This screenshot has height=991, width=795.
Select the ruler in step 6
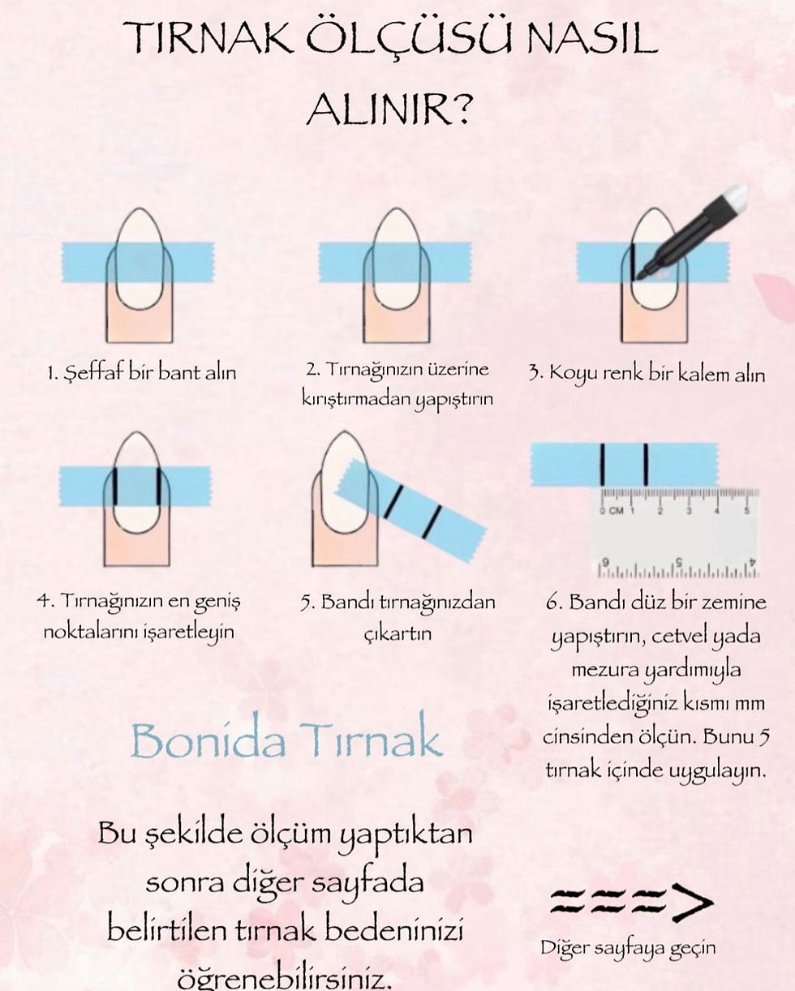tap(675, 532)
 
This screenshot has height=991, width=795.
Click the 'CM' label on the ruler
tap(617, 511)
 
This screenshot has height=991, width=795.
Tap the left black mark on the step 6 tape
tap(602, 464)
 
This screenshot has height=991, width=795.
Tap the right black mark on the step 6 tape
tap(646, 464)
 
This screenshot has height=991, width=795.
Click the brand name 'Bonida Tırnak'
tap(287, 740)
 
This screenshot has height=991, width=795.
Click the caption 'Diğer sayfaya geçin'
tap(628, 950)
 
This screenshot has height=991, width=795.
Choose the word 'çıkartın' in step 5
tap(397, 634)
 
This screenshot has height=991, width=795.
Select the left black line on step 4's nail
tap(115, 486)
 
